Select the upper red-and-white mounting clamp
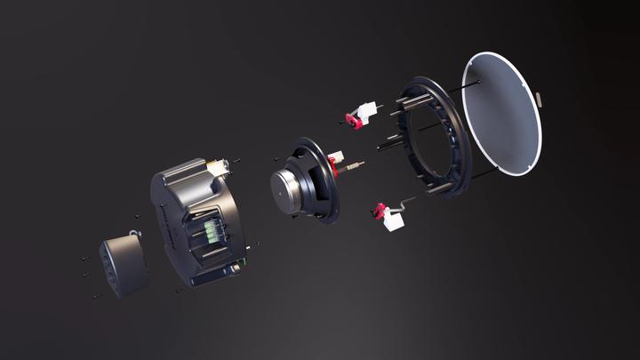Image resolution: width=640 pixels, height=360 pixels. tap(360, 116)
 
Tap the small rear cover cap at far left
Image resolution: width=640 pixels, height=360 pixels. tap(123, 265)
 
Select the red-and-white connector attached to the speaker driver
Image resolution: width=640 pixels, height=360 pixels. tap(335, 163)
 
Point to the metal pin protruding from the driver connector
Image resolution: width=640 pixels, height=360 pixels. tap(355, 166)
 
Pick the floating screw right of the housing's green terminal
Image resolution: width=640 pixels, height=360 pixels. tap(255, 244)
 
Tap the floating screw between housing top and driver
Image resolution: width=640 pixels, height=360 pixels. tap(238, 161)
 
